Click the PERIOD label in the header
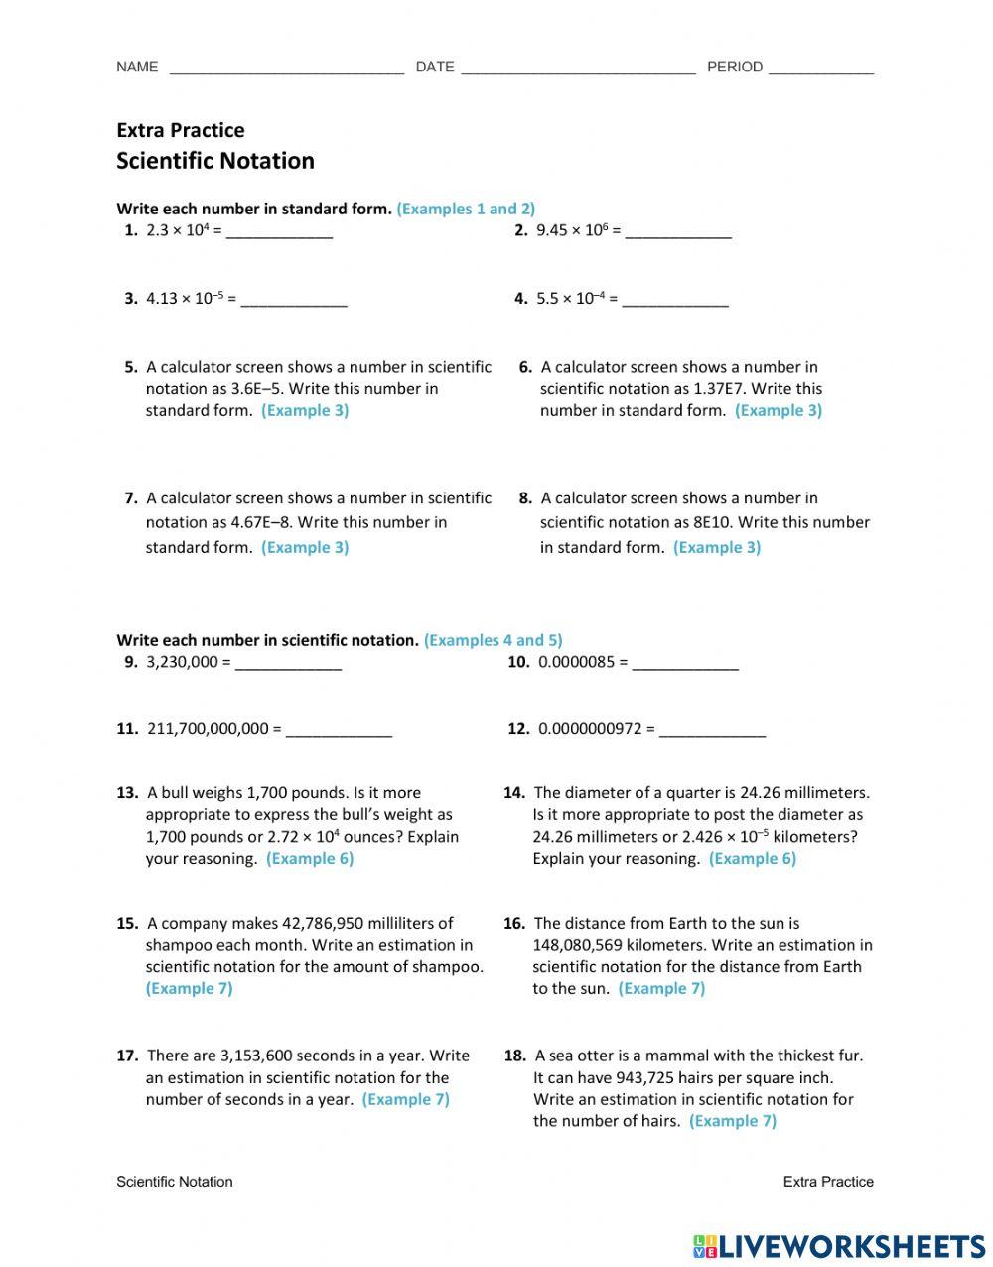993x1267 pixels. click(x=735, y=67)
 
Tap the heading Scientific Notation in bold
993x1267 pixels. click(x=215, y=161)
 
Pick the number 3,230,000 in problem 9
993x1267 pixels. click(x=182, y=662)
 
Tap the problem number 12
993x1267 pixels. click(x=518, y=729)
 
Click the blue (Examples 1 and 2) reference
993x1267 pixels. click(x=466, y=209)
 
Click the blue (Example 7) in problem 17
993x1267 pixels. click(x=405, y=1099)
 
